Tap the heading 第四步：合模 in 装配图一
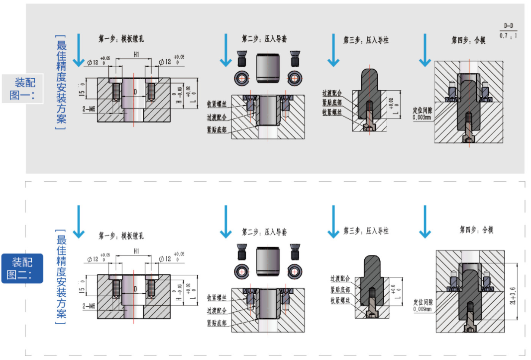(x=468, y=40)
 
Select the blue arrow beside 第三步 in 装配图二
(x=333, y=222)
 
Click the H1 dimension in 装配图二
(x=135, y=252)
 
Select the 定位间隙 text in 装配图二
(x=423, y=302)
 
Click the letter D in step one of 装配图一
(x=135, y=92)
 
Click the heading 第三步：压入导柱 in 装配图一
(x=366, y=40)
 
